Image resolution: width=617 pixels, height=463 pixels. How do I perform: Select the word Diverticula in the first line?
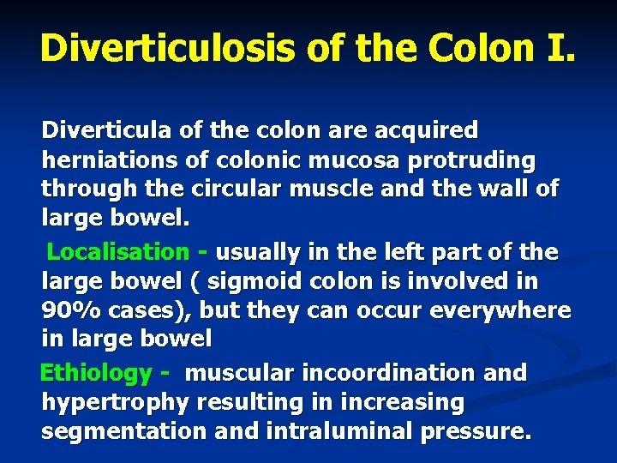click(101, 131)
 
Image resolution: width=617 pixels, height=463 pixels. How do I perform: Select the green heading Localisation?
click(118, 252)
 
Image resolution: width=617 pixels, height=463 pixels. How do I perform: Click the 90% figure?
click(67, 310)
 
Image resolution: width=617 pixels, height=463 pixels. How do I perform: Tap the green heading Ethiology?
click(96, 373)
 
